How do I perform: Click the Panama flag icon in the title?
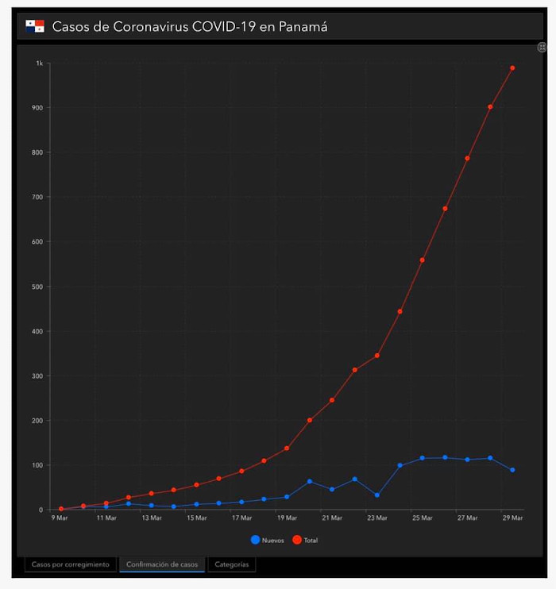[x=35, y=27]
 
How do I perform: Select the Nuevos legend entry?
[x=268, y=540]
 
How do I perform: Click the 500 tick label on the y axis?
[x=37, y=287]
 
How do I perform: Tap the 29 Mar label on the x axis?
[x=512, y=518]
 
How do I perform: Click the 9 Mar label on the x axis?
[x=60, y=518]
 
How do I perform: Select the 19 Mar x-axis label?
[x=287, y=518]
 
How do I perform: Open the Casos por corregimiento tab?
[x=70, y=564]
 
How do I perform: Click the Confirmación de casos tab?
[x=162, y=564]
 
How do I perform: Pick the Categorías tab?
[x=232, y=564]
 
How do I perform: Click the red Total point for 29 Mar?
[x=512, y=68]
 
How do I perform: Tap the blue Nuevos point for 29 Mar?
[x=512, y=470]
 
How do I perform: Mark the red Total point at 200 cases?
[x=310, y=420]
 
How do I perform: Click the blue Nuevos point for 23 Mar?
[x=377, y=495]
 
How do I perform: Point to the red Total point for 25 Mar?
[x=423, y=260]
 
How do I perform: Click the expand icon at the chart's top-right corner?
[x=542, y=48]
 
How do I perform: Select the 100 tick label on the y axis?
[x=37, y=465]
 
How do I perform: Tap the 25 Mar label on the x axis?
[x=423, y=518]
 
